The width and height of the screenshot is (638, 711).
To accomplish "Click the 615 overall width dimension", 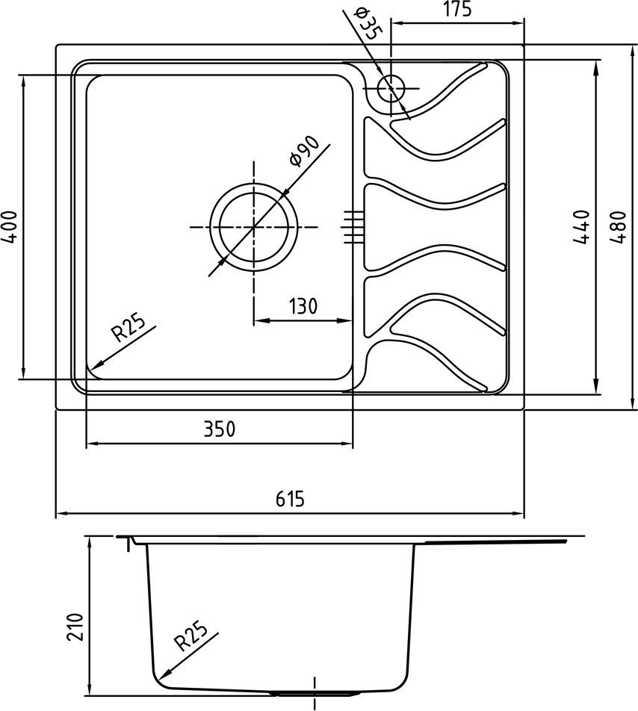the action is tap(290, 499).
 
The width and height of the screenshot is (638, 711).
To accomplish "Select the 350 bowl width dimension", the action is tap(220, 429).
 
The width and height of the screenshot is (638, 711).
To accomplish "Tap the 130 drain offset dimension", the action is tap(303, 306).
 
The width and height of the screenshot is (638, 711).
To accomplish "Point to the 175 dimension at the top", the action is tap(457, 9).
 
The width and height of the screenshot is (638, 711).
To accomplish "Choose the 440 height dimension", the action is tap(581, 227).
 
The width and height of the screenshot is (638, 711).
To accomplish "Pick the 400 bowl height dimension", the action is tap(9, 227).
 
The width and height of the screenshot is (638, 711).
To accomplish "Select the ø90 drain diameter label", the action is tap(304, 151).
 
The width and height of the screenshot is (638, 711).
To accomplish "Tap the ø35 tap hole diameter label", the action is tap(368, 24).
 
